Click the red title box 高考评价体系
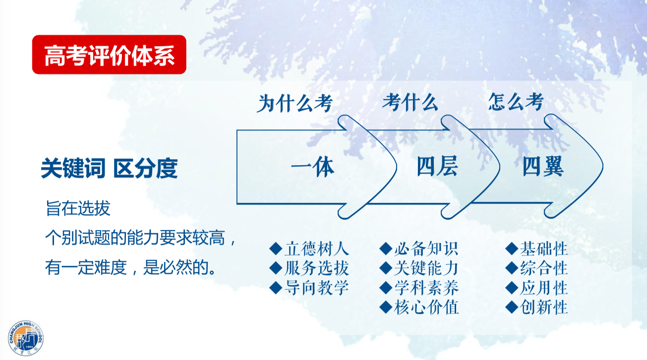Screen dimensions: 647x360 pyautogui.click(x=109, y=55)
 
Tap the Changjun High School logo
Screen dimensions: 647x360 pyautogui.click(x=26, y=338)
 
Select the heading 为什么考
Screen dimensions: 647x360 pyautogui.click(x=294, y=103)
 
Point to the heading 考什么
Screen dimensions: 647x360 pyautogui.click(x=410, y=102)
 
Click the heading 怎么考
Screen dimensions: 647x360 pyautogui.click(x=516, y=102)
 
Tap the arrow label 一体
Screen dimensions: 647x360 pyautogui.click(x=312, y=167)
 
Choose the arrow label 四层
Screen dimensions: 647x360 pyautogui.click(x=437, y=166)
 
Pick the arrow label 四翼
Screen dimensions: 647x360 pyautogui.click(x=543, y=166)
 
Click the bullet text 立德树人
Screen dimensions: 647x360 pyautogui.click(x=317, y=249)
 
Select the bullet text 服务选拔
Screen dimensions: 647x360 pyautogui.click(x=317, y=268)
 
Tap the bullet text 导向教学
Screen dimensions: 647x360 pyautogui.click(x=317, y=288)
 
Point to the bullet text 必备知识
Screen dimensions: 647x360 pyautogui.click(x=426, y=249)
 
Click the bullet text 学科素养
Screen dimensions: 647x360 pyautogui.click(x=426, y=288)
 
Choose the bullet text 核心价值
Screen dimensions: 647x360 pyautogui.click(x=426, y=307)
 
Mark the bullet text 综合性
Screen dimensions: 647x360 pyautogui.click(x=544, y=268)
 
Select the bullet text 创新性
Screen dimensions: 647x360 pyautogui.click(x=544, y=307)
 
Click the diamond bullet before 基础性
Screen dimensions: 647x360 pyautogui.click(x=512, y=249)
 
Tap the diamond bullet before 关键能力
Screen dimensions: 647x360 pyautogui.click(x=386, y=268)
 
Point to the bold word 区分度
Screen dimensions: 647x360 pyautogui.click(x=145, y=169)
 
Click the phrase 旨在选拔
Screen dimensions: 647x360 pyautogui.click(x=78, y=208)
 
